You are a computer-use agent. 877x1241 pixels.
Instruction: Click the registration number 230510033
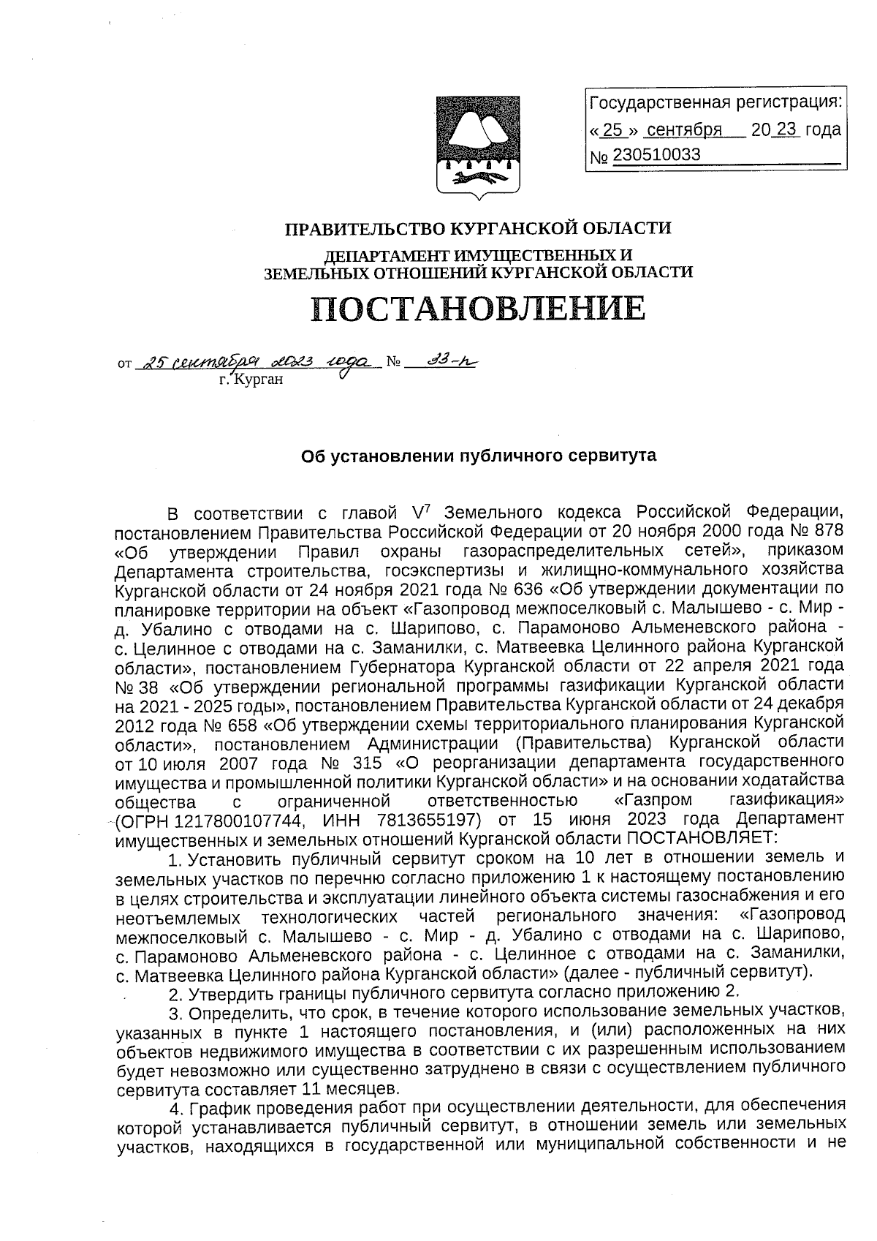coord(656,155)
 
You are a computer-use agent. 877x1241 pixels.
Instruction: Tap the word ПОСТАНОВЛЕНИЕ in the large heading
coord(479,308)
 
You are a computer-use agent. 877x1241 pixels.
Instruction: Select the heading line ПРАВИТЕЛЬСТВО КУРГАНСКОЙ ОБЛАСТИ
coord(478,229)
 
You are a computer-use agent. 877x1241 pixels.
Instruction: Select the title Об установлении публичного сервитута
coord(479,456)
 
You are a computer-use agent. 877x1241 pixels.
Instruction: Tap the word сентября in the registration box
coord(684,130)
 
